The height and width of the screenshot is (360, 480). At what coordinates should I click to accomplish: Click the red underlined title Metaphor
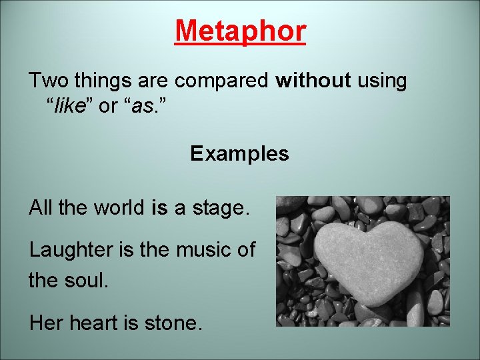240,31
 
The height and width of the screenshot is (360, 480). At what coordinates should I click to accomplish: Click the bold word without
313,81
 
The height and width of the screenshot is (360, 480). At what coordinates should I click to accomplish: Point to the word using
382,81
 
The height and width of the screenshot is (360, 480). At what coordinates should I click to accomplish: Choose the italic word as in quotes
141,107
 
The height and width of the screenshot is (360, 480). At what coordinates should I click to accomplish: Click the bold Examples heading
239,154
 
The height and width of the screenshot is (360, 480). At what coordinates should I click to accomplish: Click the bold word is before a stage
159,208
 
